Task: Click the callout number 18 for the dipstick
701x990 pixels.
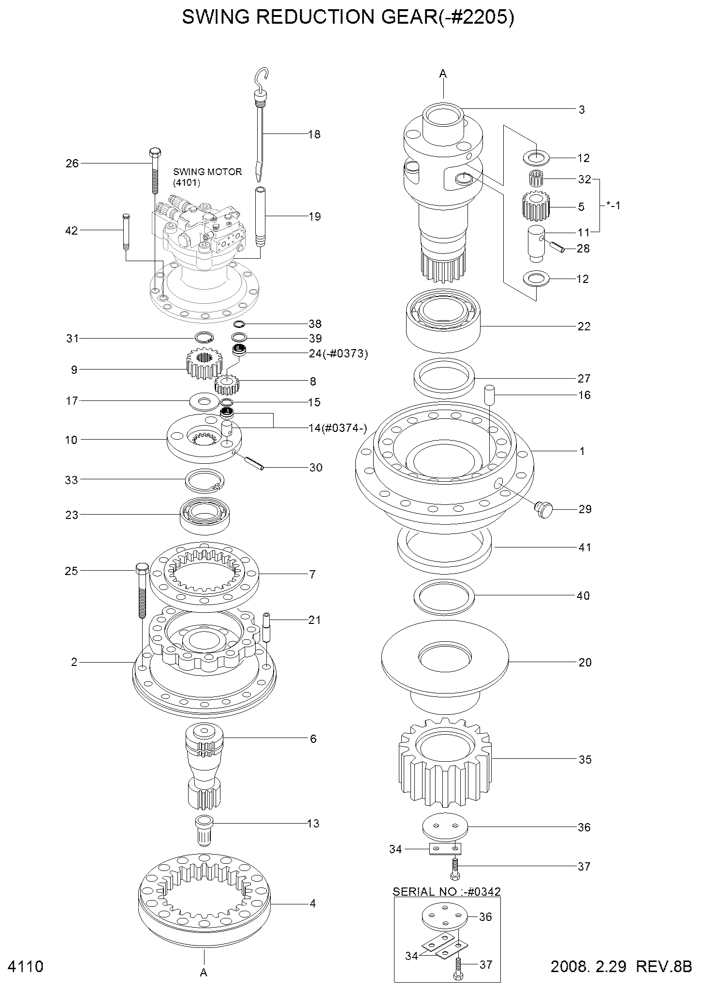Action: coord(314,134)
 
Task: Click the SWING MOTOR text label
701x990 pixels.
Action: coord(207,172)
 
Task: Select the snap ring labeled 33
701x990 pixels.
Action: coord(204,481)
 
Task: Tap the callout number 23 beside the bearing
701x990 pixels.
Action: coord(72,515)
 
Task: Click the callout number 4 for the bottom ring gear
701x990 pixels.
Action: coord(312,903)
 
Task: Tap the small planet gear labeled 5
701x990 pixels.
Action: coord(536,206)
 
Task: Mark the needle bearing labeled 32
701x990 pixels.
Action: coord(536,177)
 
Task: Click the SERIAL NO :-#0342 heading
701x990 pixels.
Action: coord(446,891)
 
